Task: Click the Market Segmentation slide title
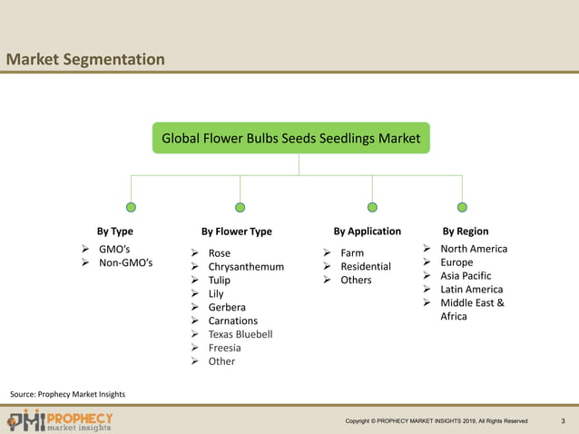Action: tap(85, 60)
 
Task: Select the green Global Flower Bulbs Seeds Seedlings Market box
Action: tap(290, 138)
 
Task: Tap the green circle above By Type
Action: tap(132, 207)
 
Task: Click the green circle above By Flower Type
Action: tap(240, 207)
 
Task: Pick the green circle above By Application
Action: tap(372, 207)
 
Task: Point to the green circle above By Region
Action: tap(462, 207)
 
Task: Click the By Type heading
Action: tap(115, 232)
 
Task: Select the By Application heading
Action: tap(367, 232)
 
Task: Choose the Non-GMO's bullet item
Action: tap(125, 263)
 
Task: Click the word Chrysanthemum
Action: tap(246, 267)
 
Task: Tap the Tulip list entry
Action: tap(220, 281)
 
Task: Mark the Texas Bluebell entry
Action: tap(240, 334)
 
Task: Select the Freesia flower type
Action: tap(225, 348)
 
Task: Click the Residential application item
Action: tap(366, 267)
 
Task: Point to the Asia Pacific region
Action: tap(466, 276)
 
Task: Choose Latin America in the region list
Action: tap(471, 290)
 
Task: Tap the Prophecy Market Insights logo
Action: tap(60, 421)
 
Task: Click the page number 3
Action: tap(563, 421)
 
